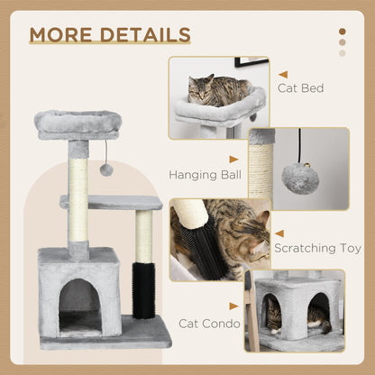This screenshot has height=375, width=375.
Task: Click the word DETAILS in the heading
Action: tap(145, 34)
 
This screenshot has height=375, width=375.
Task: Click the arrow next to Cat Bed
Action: tap(283, 75)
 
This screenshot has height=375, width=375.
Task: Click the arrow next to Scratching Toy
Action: tap(279, 233)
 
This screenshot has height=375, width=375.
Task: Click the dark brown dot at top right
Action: tap(343, 32)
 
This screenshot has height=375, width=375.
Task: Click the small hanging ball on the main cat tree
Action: tap(105, 169)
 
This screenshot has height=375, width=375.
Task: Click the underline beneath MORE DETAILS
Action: tap(110, 45)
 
